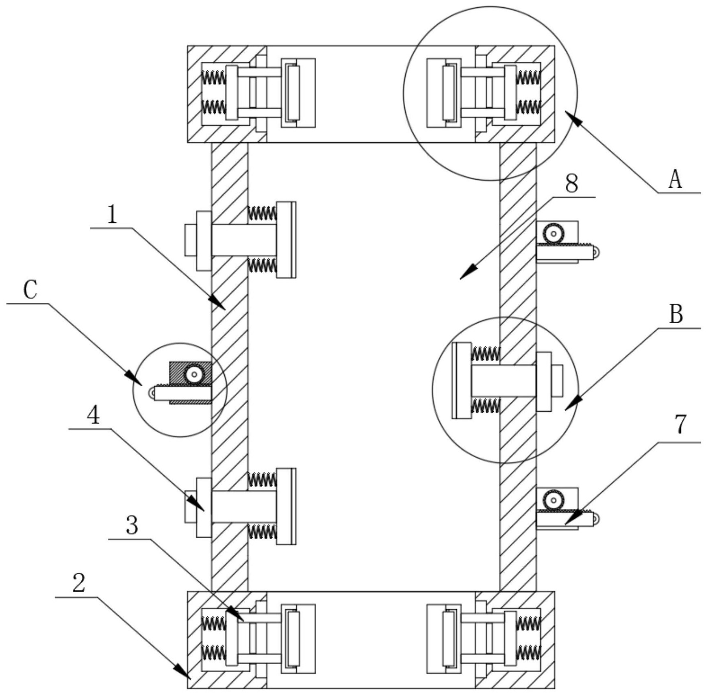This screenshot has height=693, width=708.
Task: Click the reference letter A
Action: click(x=675, y=180)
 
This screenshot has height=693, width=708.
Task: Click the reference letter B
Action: click(x=676, y=315)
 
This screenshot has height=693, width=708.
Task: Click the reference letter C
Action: click(x=30, y=290)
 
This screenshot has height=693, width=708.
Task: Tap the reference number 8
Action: click(x=571, y=184)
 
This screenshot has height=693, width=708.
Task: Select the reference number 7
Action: click(x=680, y=424)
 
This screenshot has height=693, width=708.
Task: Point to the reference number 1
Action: click(x=112, y=215)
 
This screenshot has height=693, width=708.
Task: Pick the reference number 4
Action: click(x=93, y=416)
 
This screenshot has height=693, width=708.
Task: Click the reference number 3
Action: click(x=131, y=526)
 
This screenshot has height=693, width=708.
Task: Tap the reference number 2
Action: click(x=78, y=584)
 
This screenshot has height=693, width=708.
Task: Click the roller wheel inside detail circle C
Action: click(x=194, y=373)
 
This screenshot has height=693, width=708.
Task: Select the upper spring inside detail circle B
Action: click(x=485, y=353)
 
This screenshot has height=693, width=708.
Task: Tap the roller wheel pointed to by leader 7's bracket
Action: click(x=553, y=500)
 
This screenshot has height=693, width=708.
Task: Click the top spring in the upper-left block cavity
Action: click(x=213, y=77)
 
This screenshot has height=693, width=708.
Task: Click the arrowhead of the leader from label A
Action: click(x=571, y=116)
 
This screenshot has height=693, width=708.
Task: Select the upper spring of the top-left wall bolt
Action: click(x=262, y=213)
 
